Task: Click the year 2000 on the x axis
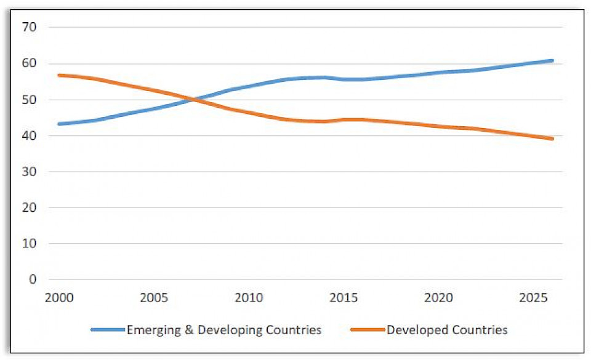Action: pos(59,298)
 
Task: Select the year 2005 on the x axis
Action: pos(154,298)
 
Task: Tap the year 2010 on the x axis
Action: pos(249,298)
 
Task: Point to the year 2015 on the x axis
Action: pos(344,298)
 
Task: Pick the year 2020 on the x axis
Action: pos(438,298)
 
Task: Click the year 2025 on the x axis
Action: pos(533,298)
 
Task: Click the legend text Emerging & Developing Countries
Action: pos(224,330)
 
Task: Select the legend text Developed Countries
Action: pos(447,330)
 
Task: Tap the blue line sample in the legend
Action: pos(108,330)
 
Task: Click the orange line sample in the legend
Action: pos(368,330)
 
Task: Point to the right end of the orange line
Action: pos(553,138)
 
